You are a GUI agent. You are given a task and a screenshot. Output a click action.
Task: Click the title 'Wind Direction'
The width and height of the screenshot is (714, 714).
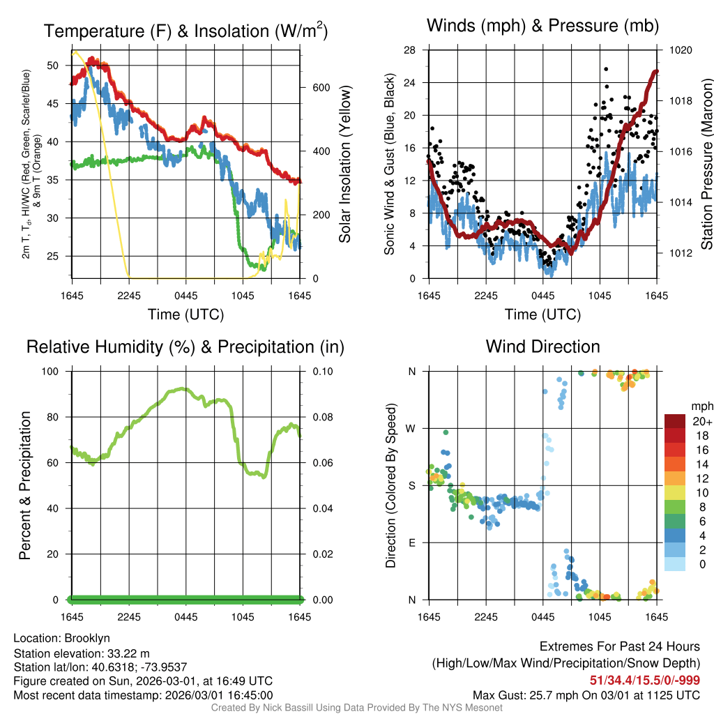pyautogui.click(x=542, y=347)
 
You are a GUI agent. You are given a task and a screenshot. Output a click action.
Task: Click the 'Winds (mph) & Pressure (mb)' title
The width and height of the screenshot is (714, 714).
pyautogui.click(x=542, y=26)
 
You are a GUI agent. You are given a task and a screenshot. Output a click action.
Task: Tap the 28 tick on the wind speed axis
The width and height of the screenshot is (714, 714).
pyautogui.click(x=410, y=50)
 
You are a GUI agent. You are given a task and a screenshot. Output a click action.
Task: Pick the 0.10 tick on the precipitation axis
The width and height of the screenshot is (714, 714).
pyautogui.click(x=321, y=371)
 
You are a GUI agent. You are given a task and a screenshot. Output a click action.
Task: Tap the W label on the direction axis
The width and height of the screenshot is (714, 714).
pyautogui.click(x=412, y=428)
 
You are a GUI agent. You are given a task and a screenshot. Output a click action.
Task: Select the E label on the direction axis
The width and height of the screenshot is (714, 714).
pyautogui.click(x=413, y=542)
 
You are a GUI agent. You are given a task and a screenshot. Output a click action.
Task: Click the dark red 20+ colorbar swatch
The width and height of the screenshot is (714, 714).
pyautogui.click(x=674, y=421)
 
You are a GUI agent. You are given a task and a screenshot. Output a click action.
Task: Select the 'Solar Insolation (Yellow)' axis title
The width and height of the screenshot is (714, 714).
pyautogui.click(x=345, y=164)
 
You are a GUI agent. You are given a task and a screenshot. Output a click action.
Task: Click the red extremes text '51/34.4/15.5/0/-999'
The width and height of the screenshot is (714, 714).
pyautogui.click(x=645, y=680)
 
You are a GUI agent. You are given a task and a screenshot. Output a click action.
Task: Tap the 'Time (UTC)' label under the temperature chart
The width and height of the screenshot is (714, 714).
pyautogui.click(x=186, y=314)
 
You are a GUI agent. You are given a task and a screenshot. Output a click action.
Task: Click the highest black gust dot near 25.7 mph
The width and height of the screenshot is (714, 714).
pyautogui.click(x=606, y=69)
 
